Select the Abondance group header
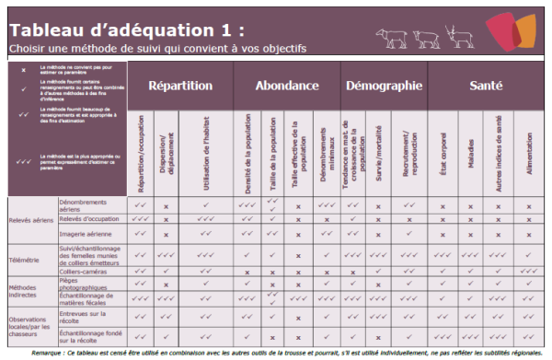[287, 86]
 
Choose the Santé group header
[485, 86]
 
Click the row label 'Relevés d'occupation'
[88, 219]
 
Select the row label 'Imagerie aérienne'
[85, 234]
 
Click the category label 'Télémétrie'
[25, 260]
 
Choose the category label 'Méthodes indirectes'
[25, 292]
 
